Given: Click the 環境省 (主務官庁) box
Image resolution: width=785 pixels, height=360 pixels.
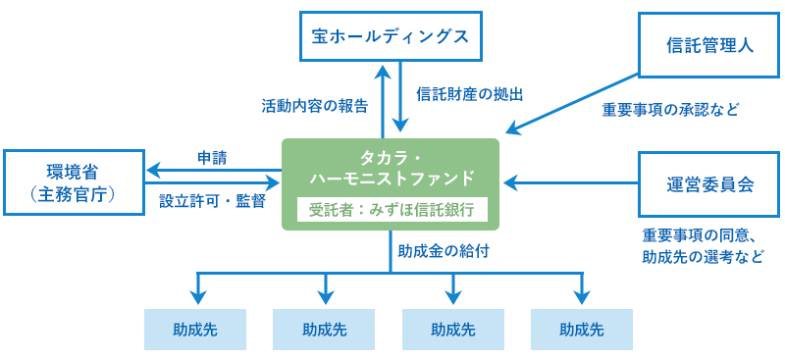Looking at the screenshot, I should click(x=74, y=183).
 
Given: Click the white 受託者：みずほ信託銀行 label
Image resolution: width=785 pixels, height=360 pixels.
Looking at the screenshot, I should click(x=391, y=209).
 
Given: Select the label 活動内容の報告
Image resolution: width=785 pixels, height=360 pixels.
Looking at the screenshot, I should click(x=315, y=104).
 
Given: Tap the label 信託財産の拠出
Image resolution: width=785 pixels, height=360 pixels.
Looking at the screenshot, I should click(x=469, y=94).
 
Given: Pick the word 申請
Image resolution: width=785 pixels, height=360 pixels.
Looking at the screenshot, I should click(x=212, y=157).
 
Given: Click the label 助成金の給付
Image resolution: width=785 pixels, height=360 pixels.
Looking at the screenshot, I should click(x=444, y=250).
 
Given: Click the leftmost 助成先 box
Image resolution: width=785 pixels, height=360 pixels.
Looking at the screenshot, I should click(x=195, y=330).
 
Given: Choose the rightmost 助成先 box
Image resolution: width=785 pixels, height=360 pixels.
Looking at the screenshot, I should click(x=582, y=330).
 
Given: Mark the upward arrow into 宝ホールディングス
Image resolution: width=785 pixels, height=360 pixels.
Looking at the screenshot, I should click(x=381, y=98).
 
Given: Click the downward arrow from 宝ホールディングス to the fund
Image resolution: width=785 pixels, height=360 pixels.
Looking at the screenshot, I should click(x=400, y=98).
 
